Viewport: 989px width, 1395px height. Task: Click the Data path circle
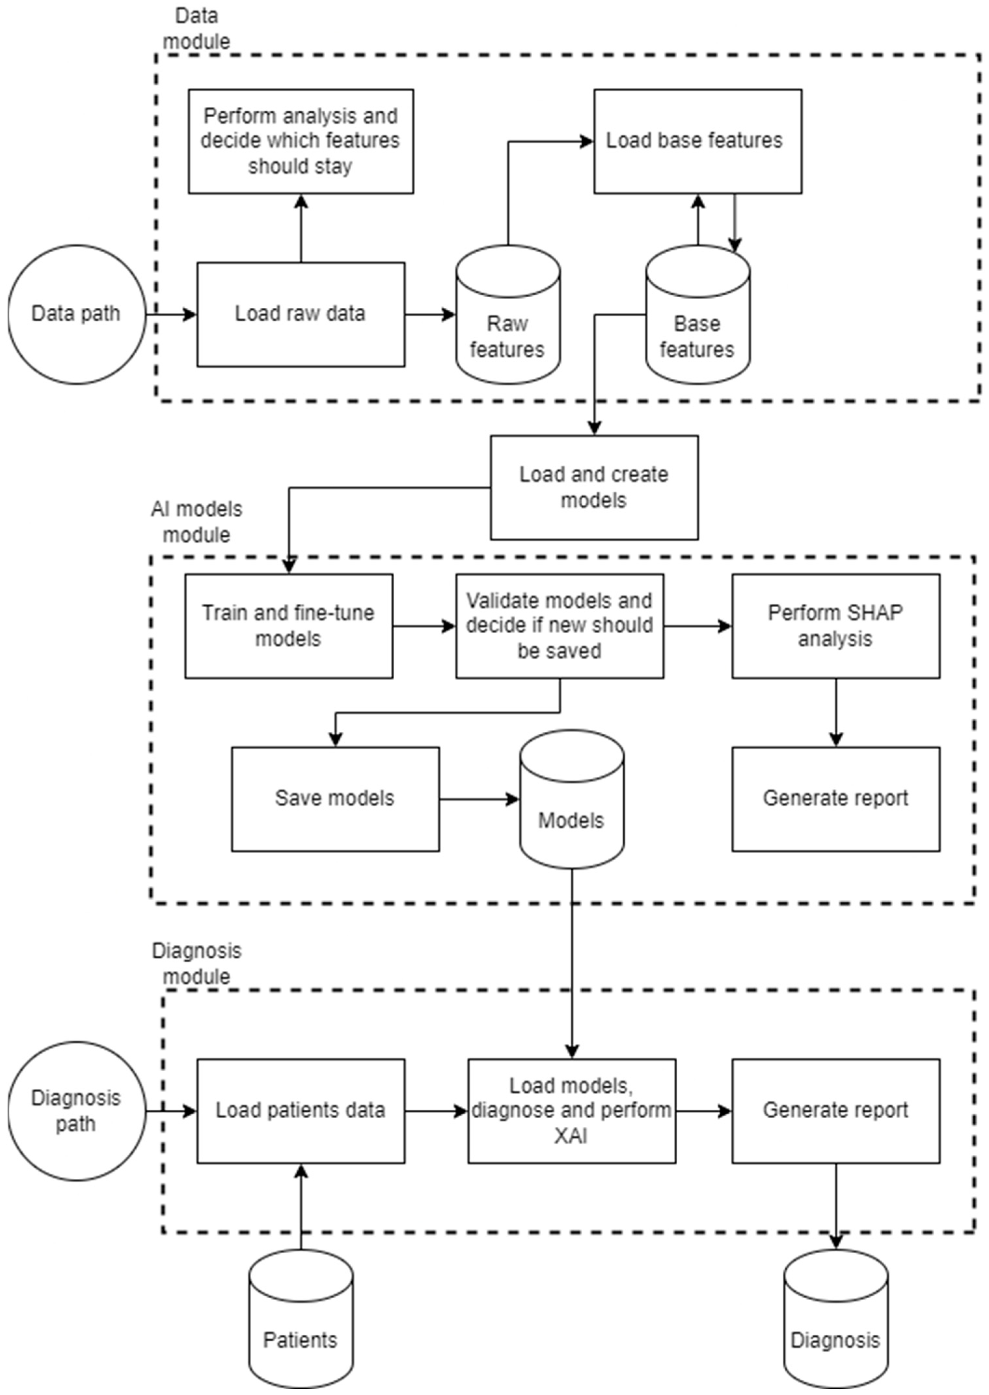[x=76, y=315]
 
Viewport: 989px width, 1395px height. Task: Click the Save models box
[x=335, y=799]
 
